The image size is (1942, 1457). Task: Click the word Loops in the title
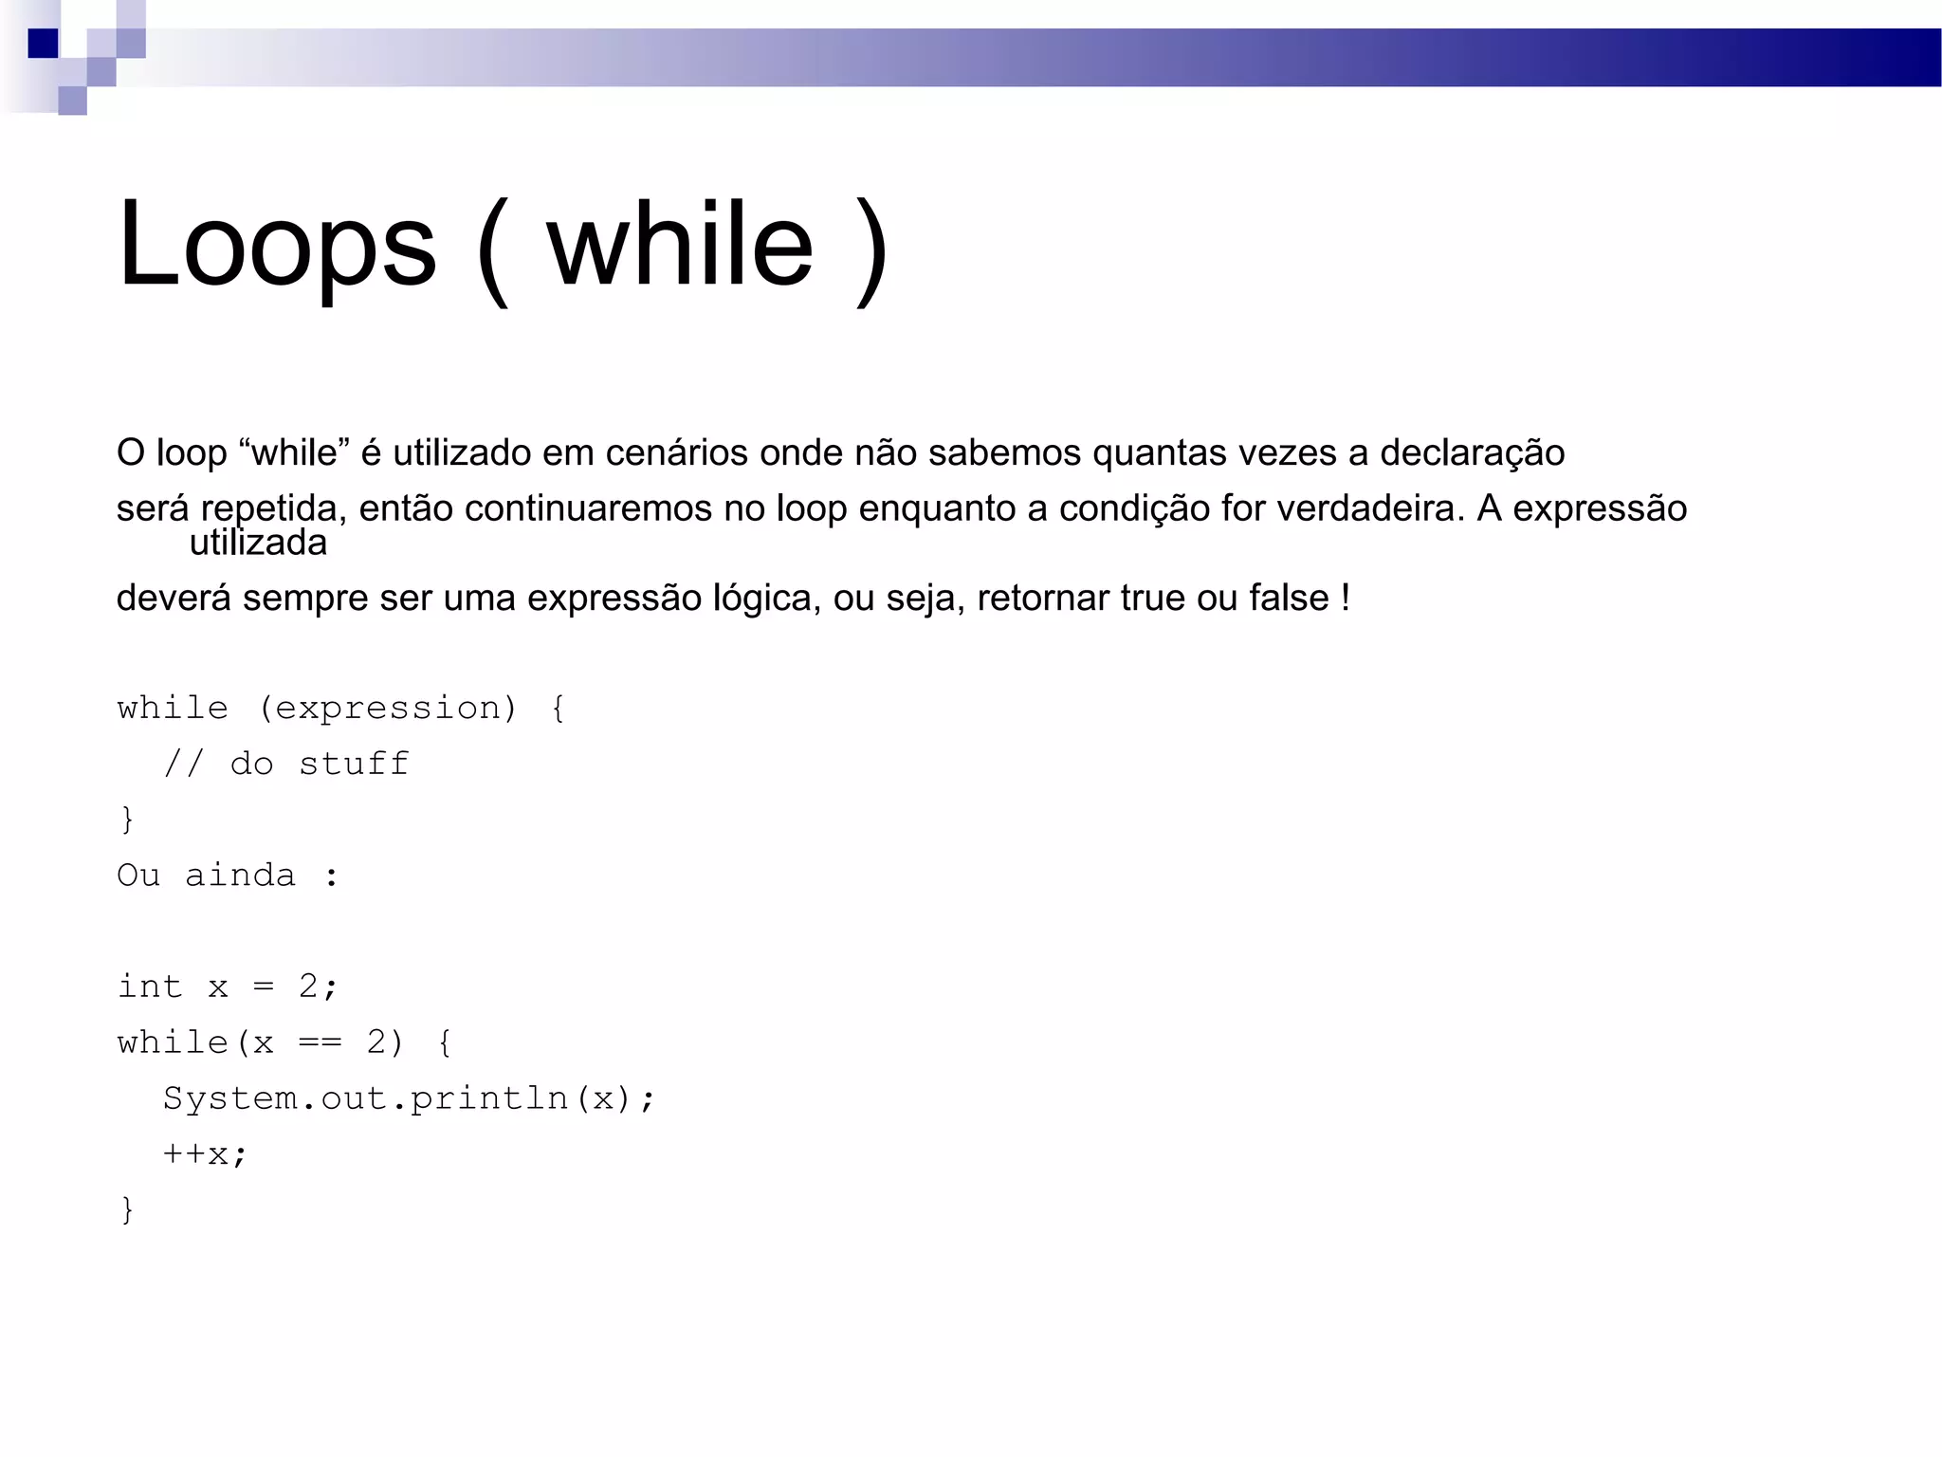276,245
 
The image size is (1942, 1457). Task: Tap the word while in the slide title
680,245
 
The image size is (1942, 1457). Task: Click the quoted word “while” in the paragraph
295,453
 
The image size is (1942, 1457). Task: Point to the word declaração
1472,453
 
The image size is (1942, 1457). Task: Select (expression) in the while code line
388,709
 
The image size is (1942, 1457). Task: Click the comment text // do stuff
285,765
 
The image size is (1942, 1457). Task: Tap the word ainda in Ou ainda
240,876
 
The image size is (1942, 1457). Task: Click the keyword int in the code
150,987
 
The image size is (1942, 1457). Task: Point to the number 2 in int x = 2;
308,987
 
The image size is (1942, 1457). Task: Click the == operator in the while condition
320,1042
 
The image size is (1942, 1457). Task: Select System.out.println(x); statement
409,1098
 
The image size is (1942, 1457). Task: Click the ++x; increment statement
205,1154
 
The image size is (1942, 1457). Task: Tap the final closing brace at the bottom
127,1210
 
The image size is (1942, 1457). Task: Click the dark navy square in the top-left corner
43,44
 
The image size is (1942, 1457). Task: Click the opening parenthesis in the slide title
493,249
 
